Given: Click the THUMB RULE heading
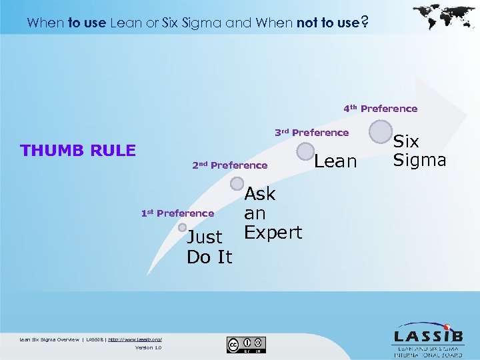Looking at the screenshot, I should (78, 151).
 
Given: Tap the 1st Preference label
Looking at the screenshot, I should (177, 213).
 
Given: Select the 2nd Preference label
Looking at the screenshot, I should (229, 165).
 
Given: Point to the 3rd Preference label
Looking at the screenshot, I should (311, 133).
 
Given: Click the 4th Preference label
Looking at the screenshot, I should (380, 109).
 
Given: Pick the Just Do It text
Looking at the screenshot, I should (209, 247).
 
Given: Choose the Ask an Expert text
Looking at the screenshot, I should (273, 213).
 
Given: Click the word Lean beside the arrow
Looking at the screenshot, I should (335, 161).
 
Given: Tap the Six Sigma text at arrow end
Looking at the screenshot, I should (419, 151).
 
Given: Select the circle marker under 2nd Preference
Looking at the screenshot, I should (235, 180).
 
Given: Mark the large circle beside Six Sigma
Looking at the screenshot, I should (381, 131).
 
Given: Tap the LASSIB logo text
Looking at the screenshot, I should (427, 335).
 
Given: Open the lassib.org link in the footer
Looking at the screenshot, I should (135, 339).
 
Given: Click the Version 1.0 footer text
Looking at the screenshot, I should (148, 347).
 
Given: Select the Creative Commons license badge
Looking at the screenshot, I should (246, 345).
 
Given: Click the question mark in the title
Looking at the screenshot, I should (363, 23).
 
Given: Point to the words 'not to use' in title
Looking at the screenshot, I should (327, 23).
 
